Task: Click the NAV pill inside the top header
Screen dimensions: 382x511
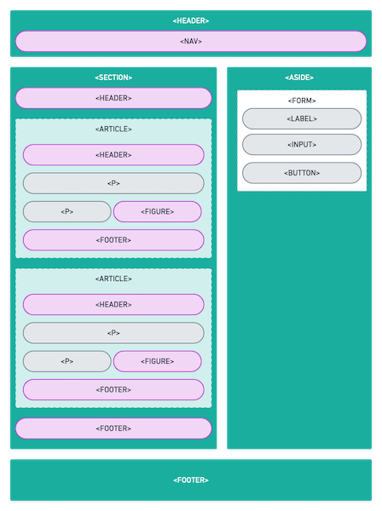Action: (x=191, y=42)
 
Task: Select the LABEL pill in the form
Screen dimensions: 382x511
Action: (x=302, y=118)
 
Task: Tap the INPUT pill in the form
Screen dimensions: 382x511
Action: (x=302, y=145)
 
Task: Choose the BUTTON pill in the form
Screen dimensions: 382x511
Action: (x=302, y=173)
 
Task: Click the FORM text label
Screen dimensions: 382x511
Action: (x=302, y=100)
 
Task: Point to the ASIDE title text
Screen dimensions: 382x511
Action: (x=299, y=78)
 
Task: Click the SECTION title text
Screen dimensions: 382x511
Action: (x=113, y=78)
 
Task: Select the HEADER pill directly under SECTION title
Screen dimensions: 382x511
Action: (x=113, y=98)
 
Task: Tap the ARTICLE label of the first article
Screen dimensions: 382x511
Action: (x=113, y=129)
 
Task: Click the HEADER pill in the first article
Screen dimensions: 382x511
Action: (x=113, y=155)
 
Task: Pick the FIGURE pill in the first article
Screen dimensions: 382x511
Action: (x=157, y=211)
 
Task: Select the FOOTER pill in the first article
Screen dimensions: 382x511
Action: (x=113, y=240)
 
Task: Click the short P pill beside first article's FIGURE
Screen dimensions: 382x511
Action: (x=67, y=211)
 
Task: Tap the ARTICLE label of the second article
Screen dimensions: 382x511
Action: (x=113, y=278)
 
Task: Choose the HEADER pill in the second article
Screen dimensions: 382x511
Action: (x=113, y=304)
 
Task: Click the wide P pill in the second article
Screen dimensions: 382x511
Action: (x=113, y=333)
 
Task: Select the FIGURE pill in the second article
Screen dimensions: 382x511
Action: (x=157, y=361)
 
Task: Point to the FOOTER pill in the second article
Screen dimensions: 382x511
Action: (x=113, y=389)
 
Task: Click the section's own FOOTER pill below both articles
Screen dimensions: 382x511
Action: (x=113, y=428)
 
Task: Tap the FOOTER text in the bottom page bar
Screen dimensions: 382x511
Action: (x=191, y=480)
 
